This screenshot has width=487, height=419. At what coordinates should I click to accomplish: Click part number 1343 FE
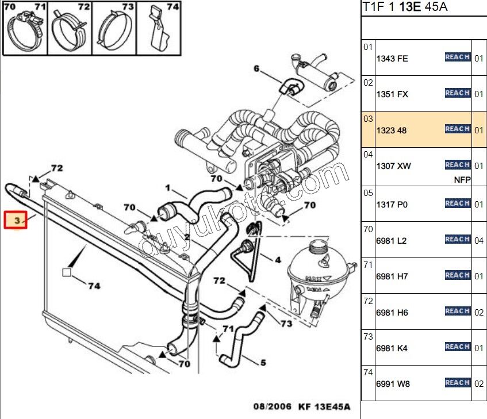coord(392,59)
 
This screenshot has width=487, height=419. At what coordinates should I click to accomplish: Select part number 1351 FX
coord(392,94)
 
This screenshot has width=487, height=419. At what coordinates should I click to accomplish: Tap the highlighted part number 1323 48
coord(392,130)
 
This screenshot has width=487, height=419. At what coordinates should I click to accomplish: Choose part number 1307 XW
coord(394,166)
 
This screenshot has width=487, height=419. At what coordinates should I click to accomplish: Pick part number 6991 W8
coord(393,384)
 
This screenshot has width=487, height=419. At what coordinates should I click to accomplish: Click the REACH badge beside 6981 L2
coord(458,239)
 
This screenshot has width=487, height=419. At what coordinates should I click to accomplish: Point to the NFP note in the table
coord(462,179)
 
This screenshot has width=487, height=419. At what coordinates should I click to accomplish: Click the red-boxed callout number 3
coord(16,220)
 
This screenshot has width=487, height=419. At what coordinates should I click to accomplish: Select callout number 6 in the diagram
coord(256,69)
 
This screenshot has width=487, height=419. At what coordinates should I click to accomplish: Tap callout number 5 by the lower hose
coord(263,363)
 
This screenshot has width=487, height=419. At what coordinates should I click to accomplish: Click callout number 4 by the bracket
coord(278,260)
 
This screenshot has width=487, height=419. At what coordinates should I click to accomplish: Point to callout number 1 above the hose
coord(168,187)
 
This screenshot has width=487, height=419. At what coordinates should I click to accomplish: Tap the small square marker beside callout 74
coord(67,272)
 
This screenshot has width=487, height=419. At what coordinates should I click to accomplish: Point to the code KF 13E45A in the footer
coord(324,407)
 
